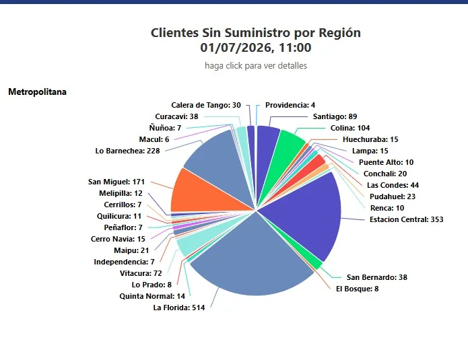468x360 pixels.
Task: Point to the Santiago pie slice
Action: coord(265,149)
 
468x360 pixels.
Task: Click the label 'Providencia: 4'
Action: coord(290,105)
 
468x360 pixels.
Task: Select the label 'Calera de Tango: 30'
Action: coord(206,105)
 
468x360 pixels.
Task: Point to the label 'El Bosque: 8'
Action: coord(358,289)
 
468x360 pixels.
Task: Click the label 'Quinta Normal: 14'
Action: coord(152,296)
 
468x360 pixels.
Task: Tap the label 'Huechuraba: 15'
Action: coord(370,139)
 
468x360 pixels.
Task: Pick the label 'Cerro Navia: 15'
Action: coord(118,239)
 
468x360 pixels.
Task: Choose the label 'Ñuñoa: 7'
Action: coord(165,128)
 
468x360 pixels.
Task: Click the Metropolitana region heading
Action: coord(37,92)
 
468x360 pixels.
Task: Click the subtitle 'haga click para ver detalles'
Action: coord(256,66)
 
